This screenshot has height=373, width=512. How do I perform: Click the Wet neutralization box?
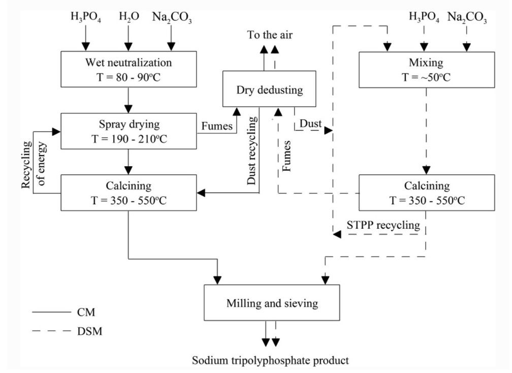[129, 69]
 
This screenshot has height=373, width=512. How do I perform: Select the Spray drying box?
[129, 131]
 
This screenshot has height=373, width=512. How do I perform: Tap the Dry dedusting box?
[269, 89]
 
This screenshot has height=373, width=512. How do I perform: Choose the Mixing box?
[427, 70]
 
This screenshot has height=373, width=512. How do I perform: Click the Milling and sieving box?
[272, 303]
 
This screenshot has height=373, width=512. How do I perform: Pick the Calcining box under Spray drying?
[129, 193]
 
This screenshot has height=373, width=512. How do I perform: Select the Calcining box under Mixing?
[427, 193]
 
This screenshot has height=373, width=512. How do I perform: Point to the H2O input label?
[129, 17]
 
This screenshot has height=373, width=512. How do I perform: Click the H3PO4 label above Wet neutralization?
[86, 17]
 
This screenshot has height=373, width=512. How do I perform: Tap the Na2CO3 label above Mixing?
[467, 17]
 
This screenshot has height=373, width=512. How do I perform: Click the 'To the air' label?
[270, 35]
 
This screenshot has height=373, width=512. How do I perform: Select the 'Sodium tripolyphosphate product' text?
[270, 361]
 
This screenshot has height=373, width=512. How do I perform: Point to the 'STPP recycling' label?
[383, 225]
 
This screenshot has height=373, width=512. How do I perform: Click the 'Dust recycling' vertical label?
[252, 150]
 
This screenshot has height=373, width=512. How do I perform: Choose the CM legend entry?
[63, 312]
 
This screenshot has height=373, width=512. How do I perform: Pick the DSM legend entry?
[67, 331]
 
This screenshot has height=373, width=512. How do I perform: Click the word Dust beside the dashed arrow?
[310, 123]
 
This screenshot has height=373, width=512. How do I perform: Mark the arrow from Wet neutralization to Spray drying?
[129, 100]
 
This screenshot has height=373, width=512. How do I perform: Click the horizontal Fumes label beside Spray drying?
[217, 126]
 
